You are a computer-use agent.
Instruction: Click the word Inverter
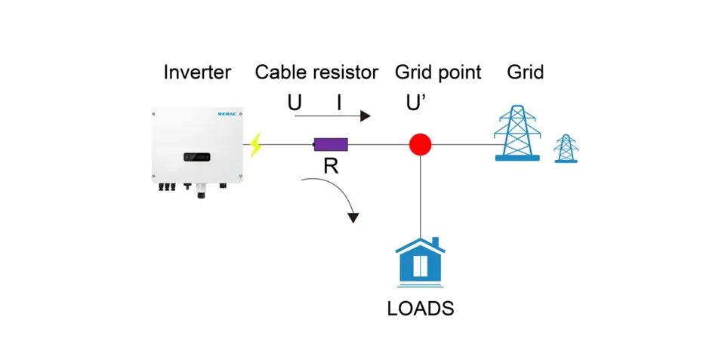[x=197, y=72]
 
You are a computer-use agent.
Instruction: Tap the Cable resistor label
[x=316, y=72]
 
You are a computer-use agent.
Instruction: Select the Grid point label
[x=438, y=72]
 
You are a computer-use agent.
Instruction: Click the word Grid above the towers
[x=526, y=72]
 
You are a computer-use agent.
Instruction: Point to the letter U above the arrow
[x=295, y=102]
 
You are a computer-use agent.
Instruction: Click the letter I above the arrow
[x=339, y=102]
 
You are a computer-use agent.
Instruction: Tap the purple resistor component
[x=331, y=144]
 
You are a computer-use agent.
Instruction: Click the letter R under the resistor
[x=331, y=166]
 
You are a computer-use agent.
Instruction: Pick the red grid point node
[x=420, y=144]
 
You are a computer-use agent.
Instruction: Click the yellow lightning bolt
[x=256, y=143]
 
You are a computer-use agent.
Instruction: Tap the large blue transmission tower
[x=517, y=134]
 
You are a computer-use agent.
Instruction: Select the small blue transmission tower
[x=566, y=149]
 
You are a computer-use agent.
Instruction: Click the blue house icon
[x=420, y=262]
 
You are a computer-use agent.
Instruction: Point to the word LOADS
[x=420, y=308]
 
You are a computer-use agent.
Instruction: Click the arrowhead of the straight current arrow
[x=366, y=115]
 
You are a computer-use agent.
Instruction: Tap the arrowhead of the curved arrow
[x=353, y=217]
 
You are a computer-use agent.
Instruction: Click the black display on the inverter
[x=197, y=157]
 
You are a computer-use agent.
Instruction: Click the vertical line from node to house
[x=420, y=196]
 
